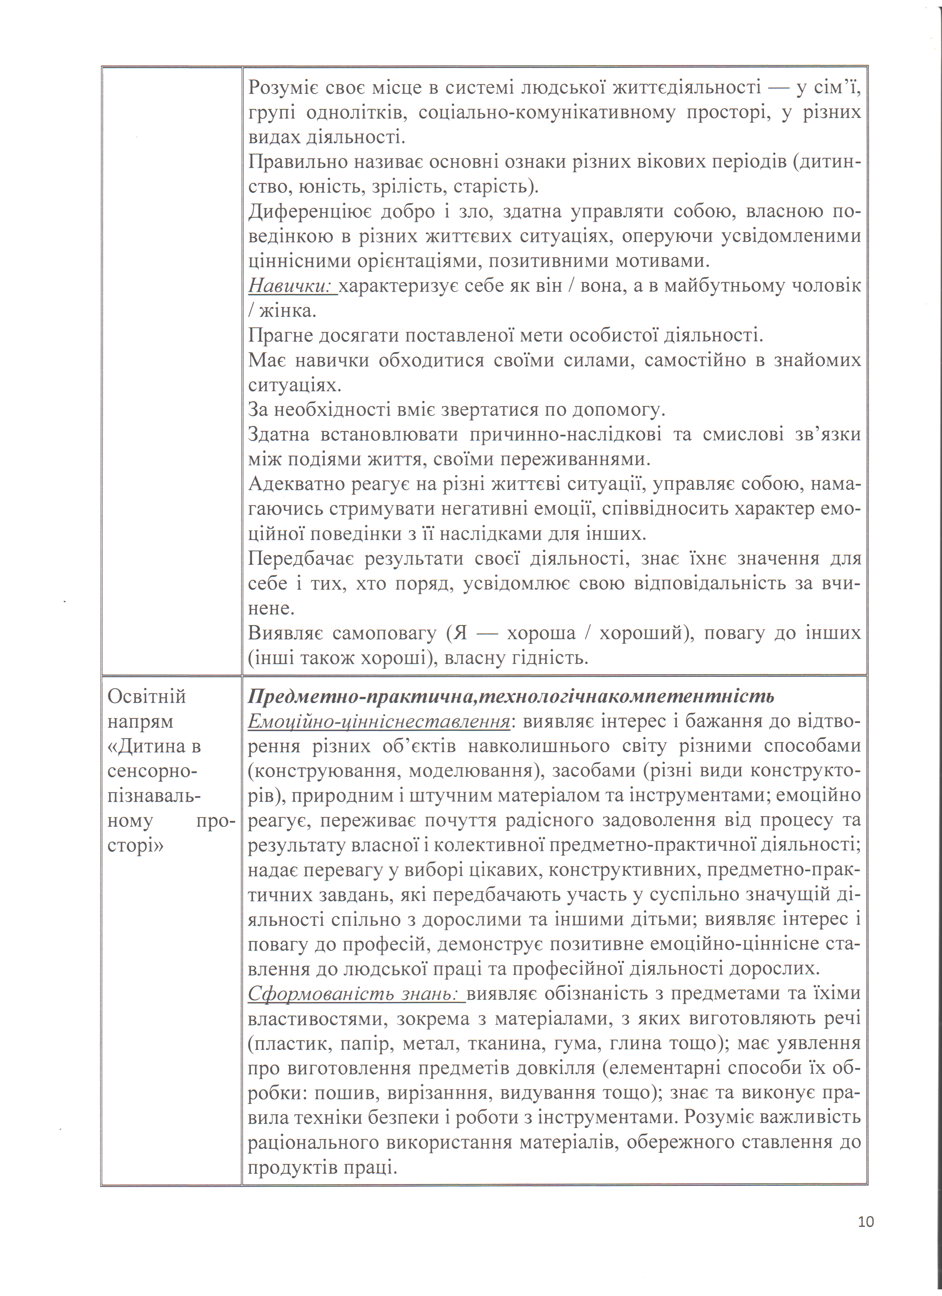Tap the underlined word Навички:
pyautogui.click(x=292, y=286)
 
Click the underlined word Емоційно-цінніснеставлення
pyautogui.click(x=379, y=722)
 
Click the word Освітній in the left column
pyautogui.click(x=147, y=696)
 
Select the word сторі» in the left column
pyautogui.click(x=135, y=846)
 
